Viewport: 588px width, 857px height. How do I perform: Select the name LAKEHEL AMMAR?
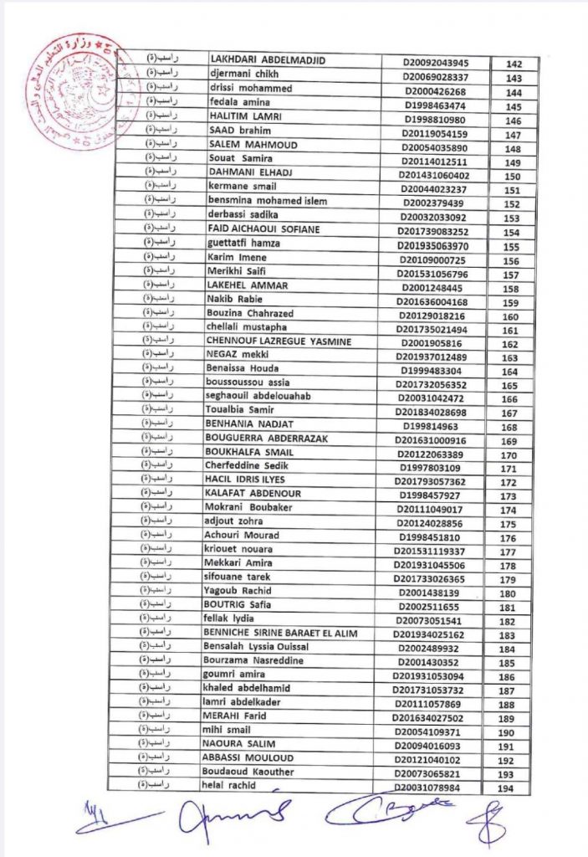[x=247, y=286]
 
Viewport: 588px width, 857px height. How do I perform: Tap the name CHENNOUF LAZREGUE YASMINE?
[x=279, y=341]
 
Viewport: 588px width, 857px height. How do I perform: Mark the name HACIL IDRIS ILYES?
[x=245, y=480]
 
